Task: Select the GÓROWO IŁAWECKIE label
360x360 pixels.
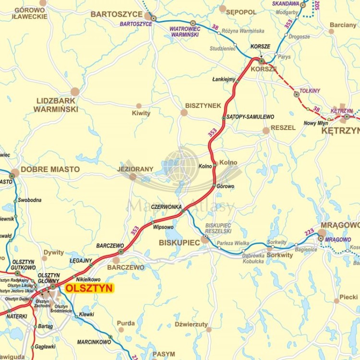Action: pyautogui.click(x=30, y=13)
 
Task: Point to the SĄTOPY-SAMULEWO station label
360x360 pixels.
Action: pyautogui.click(x=250, y=117)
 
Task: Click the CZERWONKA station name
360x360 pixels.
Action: pyautogui.click(x=166, y=207)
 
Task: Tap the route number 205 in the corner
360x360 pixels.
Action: pyautogui.click(x=317, y=6)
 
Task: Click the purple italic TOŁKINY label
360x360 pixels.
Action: pyautogui.click(x=310, y=90)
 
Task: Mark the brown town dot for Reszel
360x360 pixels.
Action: pyautogui.click(x=266, y=131)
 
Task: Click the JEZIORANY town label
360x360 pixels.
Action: pyautogui.click(x=135, y=169)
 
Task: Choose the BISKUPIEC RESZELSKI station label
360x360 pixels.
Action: pyautogui.click(x=218, y=228)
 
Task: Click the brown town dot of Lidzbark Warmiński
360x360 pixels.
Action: pyautogui.click(x=75, y=92)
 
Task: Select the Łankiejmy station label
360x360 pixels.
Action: pyautogui.click(x=224, y=79)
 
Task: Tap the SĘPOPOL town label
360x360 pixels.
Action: pyautogui.click(x=241, y=12)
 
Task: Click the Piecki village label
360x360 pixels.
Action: pyautogui.click(x=348, y=297)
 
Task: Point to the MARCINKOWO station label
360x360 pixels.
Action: pyautogui.click(x=94, y=342)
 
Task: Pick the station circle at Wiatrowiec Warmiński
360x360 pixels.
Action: pyautogui.click(x=193, y=23)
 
